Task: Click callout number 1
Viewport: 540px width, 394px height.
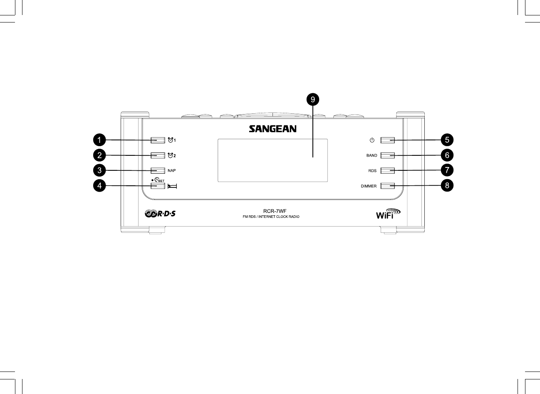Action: tap(99, 140)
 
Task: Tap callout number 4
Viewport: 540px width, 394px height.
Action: tap(99, 186)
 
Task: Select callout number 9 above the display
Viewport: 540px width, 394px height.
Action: tap(312, 100)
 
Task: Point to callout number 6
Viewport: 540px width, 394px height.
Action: tap(447, 155)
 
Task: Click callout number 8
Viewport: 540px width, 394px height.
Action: tap(447, 186)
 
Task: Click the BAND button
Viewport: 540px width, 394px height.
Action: tap(387, 155)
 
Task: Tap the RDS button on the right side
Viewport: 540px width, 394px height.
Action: tap(387, 170)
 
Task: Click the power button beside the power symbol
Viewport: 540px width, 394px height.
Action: tap(387, 140)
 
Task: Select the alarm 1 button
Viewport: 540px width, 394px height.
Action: tap(158, 140)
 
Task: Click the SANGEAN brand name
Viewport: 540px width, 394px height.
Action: tap(272, 129)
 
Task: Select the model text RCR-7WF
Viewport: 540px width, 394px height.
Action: tap(271, 211)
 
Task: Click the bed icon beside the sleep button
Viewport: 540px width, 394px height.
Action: tap(172, 186)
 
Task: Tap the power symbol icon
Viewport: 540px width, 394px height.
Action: tap(372, 140)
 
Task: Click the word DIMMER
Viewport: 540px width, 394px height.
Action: tap(369, 186)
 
